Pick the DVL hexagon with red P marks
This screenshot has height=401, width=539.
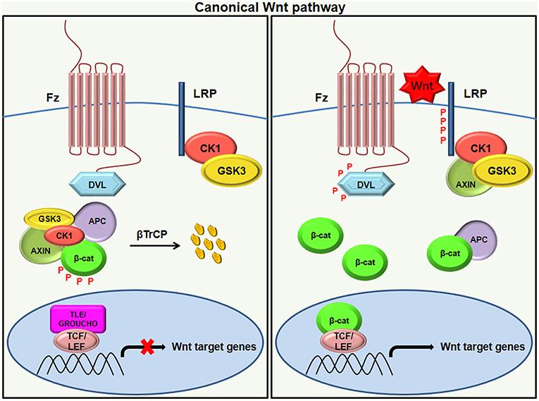pos(364,185)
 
